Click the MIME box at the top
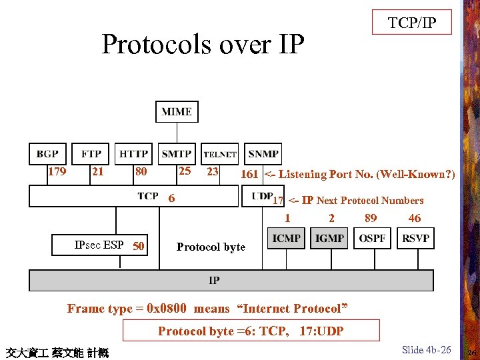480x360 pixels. (177, 112)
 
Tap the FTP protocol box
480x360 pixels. (91, 153)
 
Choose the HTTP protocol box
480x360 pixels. (133, 153)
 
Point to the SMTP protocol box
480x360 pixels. (177, 153)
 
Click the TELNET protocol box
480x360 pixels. (219, 154)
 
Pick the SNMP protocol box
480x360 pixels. (263, 153)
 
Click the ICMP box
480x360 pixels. (287, 238)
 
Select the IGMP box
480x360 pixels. (329, 238)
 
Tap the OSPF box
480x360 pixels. (372, 238)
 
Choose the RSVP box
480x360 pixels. (415, 238)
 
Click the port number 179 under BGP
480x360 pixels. (57, 171)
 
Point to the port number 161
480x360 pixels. (249, 174)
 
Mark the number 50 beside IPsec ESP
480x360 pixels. (139, 246)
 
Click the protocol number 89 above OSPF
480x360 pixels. (371, 217)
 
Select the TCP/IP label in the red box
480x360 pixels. (412, 23)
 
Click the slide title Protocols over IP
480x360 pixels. (203, 45)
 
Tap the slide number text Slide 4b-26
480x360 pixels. (427, 349)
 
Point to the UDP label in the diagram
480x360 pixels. (262, 195)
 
